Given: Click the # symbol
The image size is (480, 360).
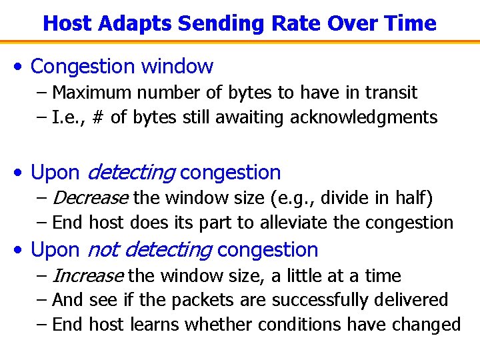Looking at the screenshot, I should pos(99,118).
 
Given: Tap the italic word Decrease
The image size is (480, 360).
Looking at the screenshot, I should pos(89,198).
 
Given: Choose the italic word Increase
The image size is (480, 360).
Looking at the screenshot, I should pos(87,276).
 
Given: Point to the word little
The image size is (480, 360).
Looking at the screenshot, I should pos(293,276).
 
